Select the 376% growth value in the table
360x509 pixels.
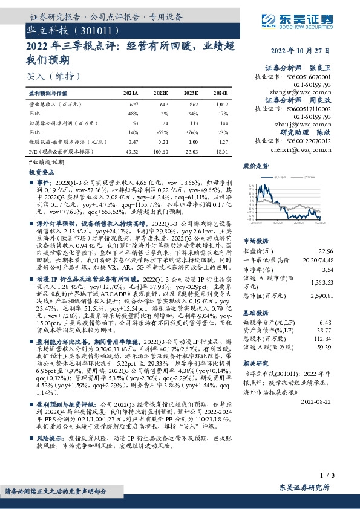point(192,132)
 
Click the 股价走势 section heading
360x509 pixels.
point(255,165)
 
